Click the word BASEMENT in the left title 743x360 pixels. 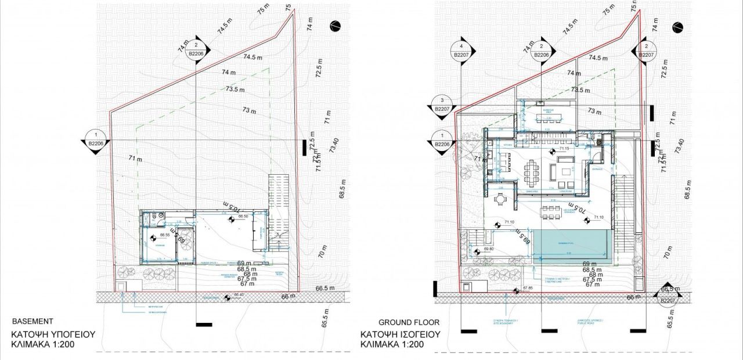click(33, 321)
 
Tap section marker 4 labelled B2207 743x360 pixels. click(461, 51)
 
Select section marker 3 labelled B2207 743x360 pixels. click(442, 105)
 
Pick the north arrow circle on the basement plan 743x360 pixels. click(335, 25)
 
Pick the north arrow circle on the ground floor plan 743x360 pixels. click(676, 27)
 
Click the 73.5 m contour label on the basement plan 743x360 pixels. click(235, 89)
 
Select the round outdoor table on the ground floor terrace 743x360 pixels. click(499, 199)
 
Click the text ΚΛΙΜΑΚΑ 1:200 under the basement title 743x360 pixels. click(44, 344)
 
